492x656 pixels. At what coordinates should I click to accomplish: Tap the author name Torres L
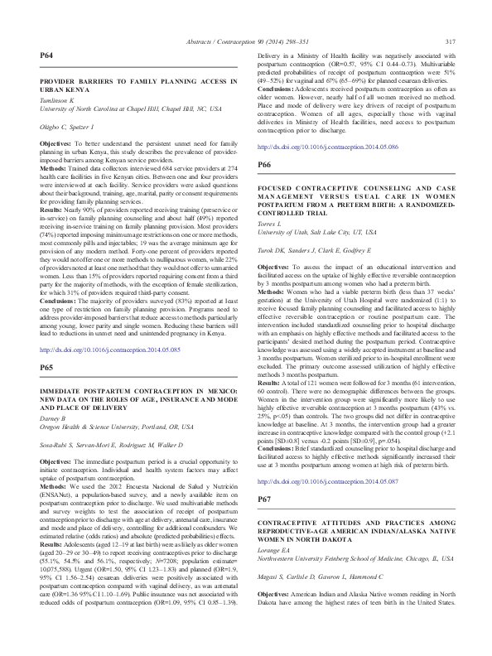273,214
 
